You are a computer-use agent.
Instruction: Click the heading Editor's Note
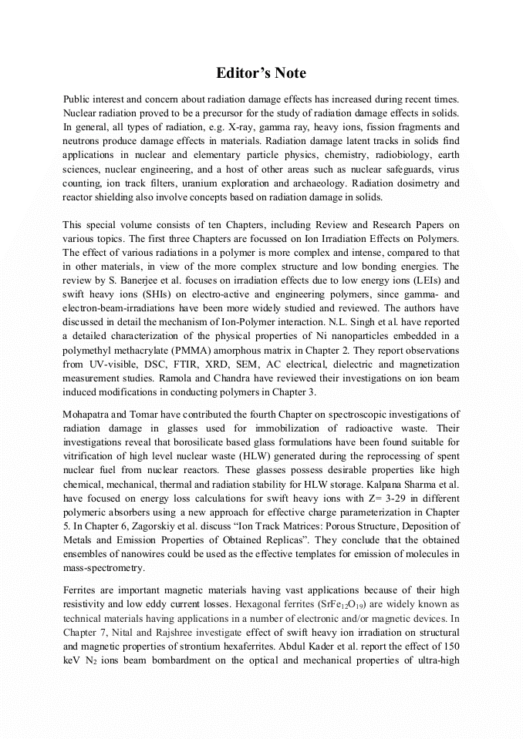(x=261, y=73)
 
